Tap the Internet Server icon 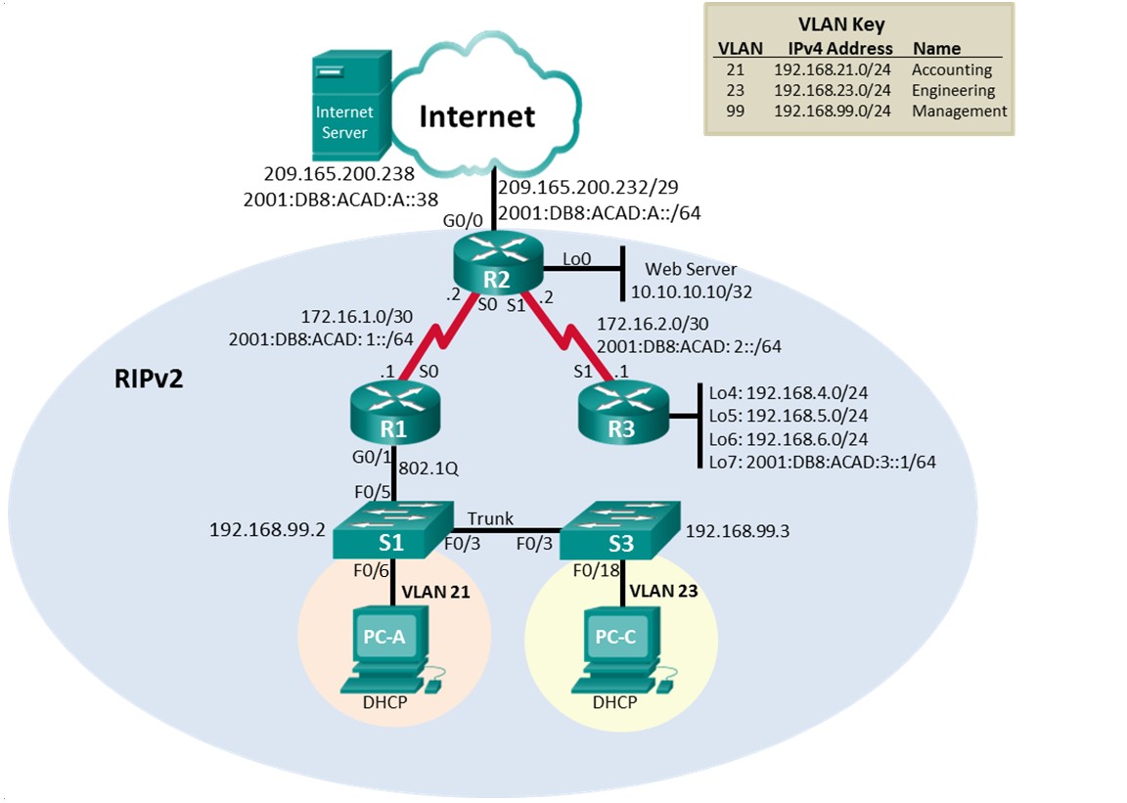tap(345, 108)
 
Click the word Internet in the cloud tap(477, 116)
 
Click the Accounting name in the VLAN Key tap(952, 69)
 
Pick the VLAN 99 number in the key tap(735, 111)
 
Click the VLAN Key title tap(859, 25)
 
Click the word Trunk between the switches tap(489, 517)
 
